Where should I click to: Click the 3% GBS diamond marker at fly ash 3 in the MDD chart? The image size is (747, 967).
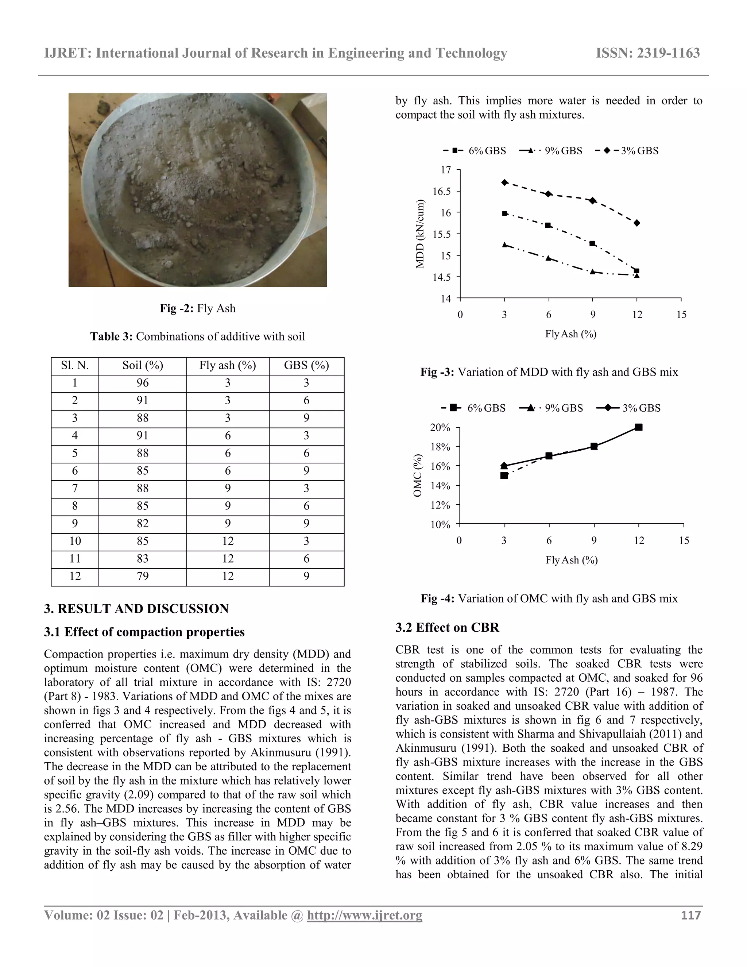pyautogui.click(x=504, y=182)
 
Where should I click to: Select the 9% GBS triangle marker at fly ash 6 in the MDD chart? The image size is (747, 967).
pyautogui.click(x=549, y=258)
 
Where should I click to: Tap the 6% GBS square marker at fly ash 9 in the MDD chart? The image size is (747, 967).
pyautogui.click(x=593, y=243)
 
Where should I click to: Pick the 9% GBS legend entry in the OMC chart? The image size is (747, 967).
pyautogui.click(x=551, y=408)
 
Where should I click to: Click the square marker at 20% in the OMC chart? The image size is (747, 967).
pyautogui.click(x=639, y=427)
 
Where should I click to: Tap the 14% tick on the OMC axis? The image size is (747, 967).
pyautogui.click(x=440, y=486)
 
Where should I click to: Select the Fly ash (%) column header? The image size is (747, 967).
pyautogui.click(x=228, y=365)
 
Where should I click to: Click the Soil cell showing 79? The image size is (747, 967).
pyautogui.click(x=143, y=576)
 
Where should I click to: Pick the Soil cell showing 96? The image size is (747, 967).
pyautogui.click(x=143, y=383)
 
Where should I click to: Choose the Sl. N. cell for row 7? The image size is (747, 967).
pyautogui.click(x=75, y=488)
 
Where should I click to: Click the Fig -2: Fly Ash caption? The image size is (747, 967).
pyautogui.click(x=197, y=308)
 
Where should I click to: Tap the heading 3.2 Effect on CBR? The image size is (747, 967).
pyautogui.click(x=447, y=627)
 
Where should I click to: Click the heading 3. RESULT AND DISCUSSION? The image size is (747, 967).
pyautogui.click(x=136, y=608)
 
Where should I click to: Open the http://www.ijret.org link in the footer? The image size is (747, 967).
pyautogui.click(x=364, y=915)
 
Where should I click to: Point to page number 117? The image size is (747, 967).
pyautogui.click(x=690, y=915)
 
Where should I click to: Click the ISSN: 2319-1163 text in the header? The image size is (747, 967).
pyautogui.click(x=647, y=53)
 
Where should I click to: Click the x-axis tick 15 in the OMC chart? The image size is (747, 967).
pyautogui.click(x=684, y=540)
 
